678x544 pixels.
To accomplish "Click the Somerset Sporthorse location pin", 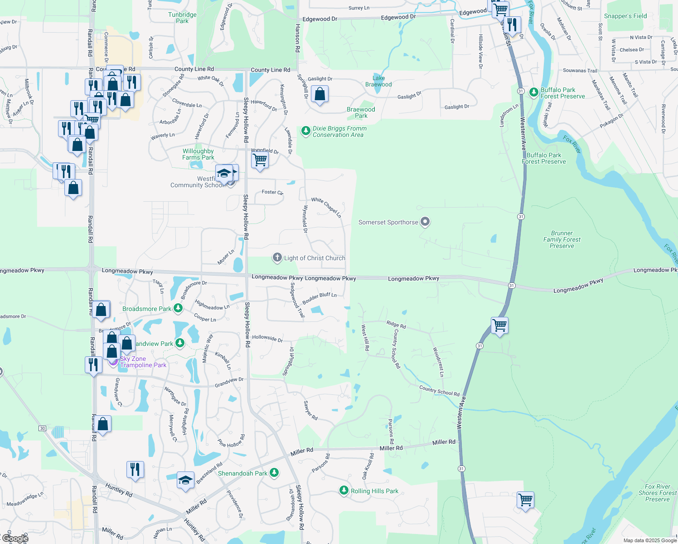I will [x=425, y=222].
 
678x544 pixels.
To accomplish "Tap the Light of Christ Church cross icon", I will [x=277, y=258].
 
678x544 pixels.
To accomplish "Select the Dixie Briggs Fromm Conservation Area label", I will [x=339, y=131].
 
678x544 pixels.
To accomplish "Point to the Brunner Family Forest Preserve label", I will [x=562, y=239].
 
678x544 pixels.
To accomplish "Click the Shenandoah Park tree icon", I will [x=274, y=473].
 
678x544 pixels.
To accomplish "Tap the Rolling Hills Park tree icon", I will [x=344, y=491].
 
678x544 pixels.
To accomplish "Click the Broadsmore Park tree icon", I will [x=178, y=308].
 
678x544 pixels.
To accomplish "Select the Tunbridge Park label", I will [x=182, y=18].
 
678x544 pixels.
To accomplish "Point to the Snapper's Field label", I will [x=625, y=16].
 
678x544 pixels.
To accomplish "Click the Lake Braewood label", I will [x=378, y=81].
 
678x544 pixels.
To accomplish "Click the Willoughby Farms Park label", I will [x=198, y=154].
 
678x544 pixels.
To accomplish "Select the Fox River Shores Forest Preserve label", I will [x=657, y=493].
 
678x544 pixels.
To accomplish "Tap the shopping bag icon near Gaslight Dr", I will [x=320, y=95].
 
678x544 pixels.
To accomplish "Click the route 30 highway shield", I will [x=42, y=428].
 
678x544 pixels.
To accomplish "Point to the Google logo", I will [x=15, y=539].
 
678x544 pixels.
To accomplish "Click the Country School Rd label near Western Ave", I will [x=439, y=391].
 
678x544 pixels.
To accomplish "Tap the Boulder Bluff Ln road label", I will [x=320, y=298].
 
